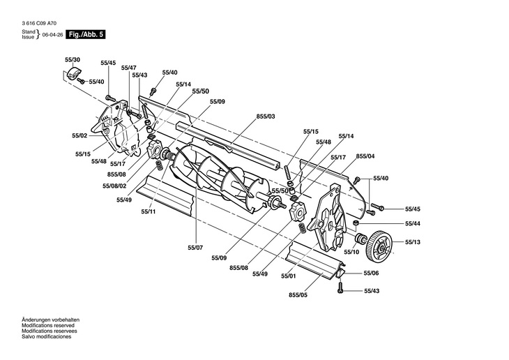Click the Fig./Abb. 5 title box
tap(86, 34)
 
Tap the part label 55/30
tap(73, 60)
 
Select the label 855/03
tap(266, 117)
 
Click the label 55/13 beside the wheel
tap(413, 242)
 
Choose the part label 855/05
tap(298, 295)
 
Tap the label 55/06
tap(371, 273)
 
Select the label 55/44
tap(413, 223)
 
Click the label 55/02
tap(79, 135)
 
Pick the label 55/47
tap(129, 68)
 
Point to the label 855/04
tap(365, 156)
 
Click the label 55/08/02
tap(114, 186)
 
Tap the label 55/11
tap(149, 211)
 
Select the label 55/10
tap(351, 252)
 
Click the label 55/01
tap(289, 276)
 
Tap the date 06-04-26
tap(52, 35)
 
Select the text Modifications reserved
tap(48, 325)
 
